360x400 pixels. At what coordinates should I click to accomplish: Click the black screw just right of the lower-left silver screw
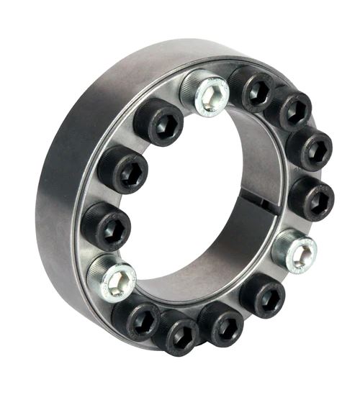(136, 317)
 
